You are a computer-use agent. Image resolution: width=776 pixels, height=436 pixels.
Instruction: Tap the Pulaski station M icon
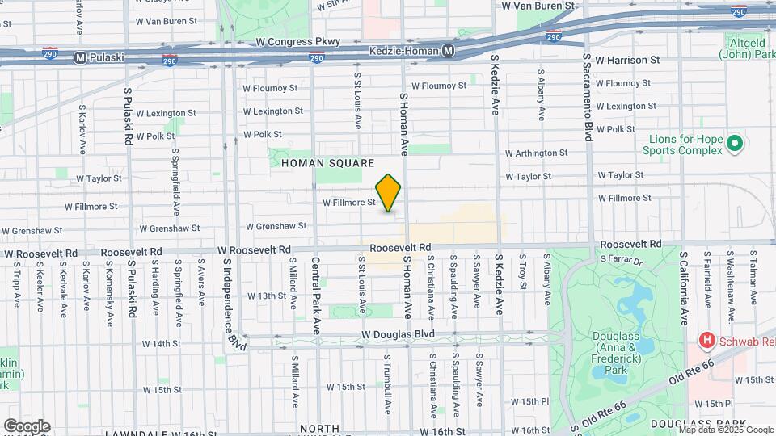80,57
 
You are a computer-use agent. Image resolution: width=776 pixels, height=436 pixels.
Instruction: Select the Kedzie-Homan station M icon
448,51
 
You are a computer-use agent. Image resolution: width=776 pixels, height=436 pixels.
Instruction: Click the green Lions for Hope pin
735,145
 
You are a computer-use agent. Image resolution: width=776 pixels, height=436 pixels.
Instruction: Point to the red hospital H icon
706,342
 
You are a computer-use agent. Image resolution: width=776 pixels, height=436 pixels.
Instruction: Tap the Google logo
27,426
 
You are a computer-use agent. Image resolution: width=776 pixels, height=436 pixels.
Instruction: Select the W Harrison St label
627,60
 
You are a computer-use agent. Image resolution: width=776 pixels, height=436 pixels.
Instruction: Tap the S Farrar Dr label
621,260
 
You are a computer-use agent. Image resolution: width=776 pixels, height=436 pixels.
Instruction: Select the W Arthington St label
536,153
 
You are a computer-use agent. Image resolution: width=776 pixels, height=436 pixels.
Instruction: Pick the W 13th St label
267,296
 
